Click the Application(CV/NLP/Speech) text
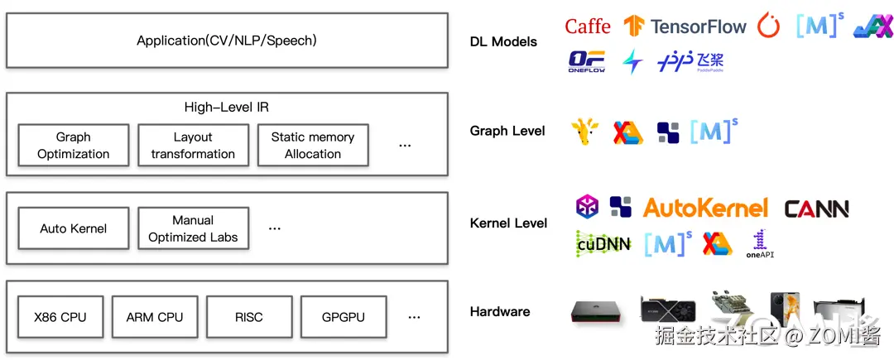(227, 40)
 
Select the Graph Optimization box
(74, 146)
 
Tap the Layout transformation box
(193, 146)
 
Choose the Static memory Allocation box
(313, 146)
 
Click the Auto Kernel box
(74, 228)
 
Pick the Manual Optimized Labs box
(193, 228)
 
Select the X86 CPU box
(60, 317)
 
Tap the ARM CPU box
(155, 317)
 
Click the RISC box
(248, 317)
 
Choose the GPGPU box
(343, 317)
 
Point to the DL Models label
(503, 41)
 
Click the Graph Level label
(507, 131)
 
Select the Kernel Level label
(508, 223)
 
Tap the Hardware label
(500, 312)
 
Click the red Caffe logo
(588, 26)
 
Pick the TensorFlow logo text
(698, 26)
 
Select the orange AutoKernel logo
(705, 208)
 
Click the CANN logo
(816, 209)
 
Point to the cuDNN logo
(603, 243)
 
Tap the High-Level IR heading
(227, 108)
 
